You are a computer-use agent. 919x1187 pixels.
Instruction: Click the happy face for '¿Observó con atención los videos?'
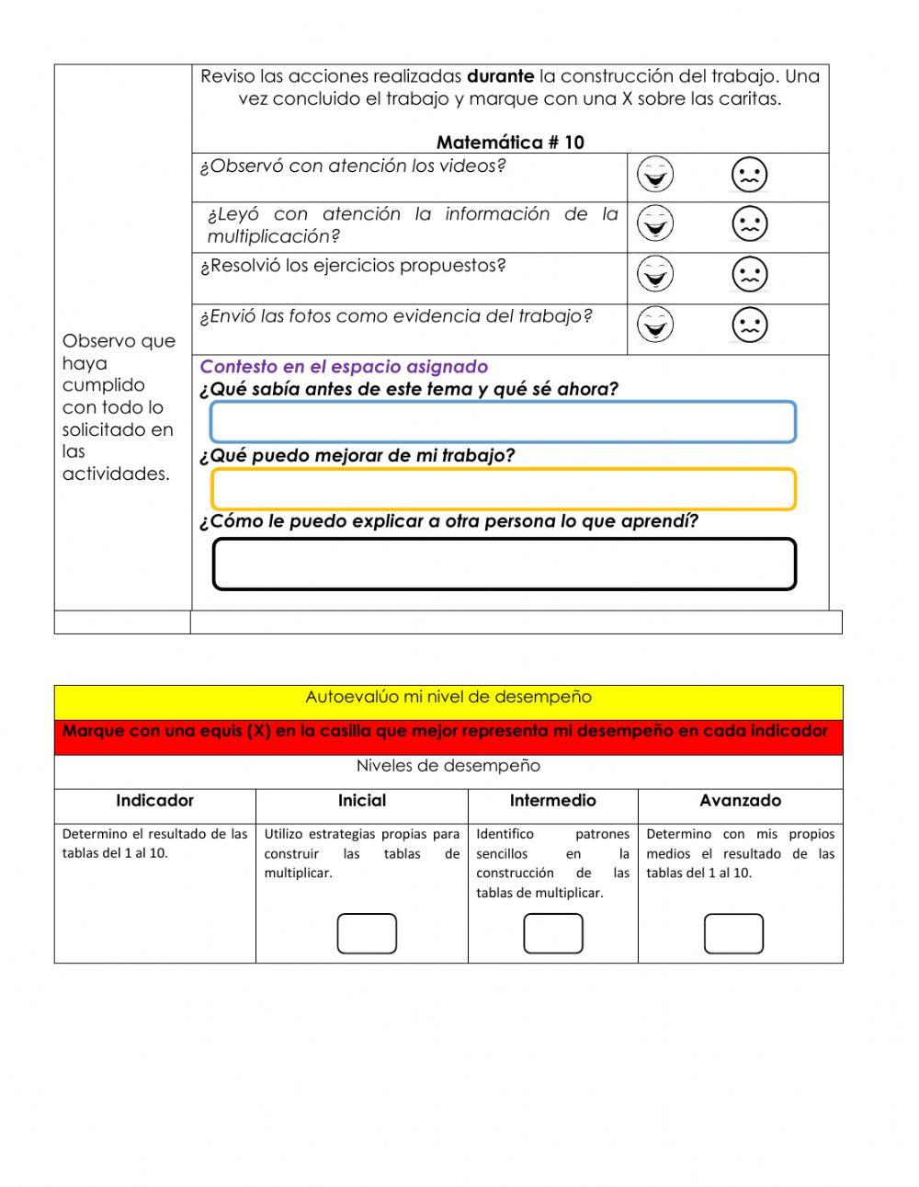(x=655, y=175)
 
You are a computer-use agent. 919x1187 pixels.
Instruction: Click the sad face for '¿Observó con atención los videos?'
(x=749, y=175)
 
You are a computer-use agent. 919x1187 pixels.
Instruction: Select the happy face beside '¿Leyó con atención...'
(x=655, y=223)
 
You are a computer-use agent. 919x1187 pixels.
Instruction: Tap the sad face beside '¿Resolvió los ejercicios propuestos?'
(x=749, y=274)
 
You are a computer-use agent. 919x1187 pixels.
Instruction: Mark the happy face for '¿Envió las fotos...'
(x=655, y=325)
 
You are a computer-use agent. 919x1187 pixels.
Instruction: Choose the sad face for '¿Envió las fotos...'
(x=749, y=325)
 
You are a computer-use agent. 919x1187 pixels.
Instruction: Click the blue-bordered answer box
(x=503, y=422)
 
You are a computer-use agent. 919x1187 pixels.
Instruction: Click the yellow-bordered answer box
(x=503, y=489)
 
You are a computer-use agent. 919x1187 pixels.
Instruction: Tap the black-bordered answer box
(x=504, y=564)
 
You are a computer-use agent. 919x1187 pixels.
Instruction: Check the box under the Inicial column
(x=367, y=933)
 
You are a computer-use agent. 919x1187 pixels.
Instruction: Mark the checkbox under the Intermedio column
(x=553, y=933)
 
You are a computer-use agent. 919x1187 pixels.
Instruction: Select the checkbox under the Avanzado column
(x=733, y=933)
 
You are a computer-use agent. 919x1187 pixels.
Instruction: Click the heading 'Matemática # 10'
(x=510, y=143)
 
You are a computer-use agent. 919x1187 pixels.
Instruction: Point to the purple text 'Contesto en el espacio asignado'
(x=344, y=367)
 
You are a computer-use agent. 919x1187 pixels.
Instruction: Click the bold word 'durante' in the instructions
(x=500, y=76)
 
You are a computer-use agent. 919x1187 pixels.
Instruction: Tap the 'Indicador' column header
(x=154, y=801)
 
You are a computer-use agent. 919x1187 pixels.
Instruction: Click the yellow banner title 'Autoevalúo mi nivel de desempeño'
(x=448, y=697)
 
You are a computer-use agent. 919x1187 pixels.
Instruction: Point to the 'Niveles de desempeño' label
(x=448, y=766)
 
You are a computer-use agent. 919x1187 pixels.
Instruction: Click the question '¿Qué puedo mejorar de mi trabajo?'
(x=357, y=455)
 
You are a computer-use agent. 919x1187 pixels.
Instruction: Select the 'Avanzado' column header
(x=740, y=801)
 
